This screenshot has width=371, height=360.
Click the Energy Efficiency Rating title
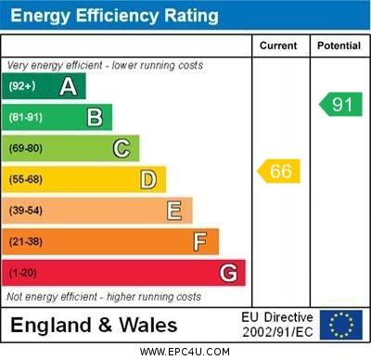pos(114,16)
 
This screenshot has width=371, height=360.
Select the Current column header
pos(278,45)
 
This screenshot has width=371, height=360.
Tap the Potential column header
pos(339,45)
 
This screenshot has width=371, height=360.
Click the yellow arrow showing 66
pos(279,172)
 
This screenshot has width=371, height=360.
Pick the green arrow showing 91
pos(340,104)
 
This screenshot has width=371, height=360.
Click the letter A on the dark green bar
pos(68,86)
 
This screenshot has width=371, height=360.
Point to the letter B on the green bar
pos(95,117)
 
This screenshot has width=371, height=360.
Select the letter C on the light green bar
pos(122,148)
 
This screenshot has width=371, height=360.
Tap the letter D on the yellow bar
pos(148,179)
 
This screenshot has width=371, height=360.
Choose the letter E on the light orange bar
pos(174,211)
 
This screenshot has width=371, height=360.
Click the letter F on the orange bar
pos(200,242)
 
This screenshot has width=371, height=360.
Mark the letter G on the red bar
pos(228,274)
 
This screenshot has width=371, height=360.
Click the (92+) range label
pos(22,86)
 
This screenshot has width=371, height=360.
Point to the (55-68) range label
pos(26,179)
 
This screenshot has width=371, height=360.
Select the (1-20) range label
pos(23,274)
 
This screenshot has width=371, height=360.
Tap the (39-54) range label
pos(26,211)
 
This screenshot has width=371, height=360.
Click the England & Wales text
pos(94,325)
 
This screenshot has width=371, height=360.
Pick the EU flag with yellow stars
pos(340,325)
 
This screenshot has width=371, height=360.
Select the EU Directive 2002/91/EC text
pos(277,325)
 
